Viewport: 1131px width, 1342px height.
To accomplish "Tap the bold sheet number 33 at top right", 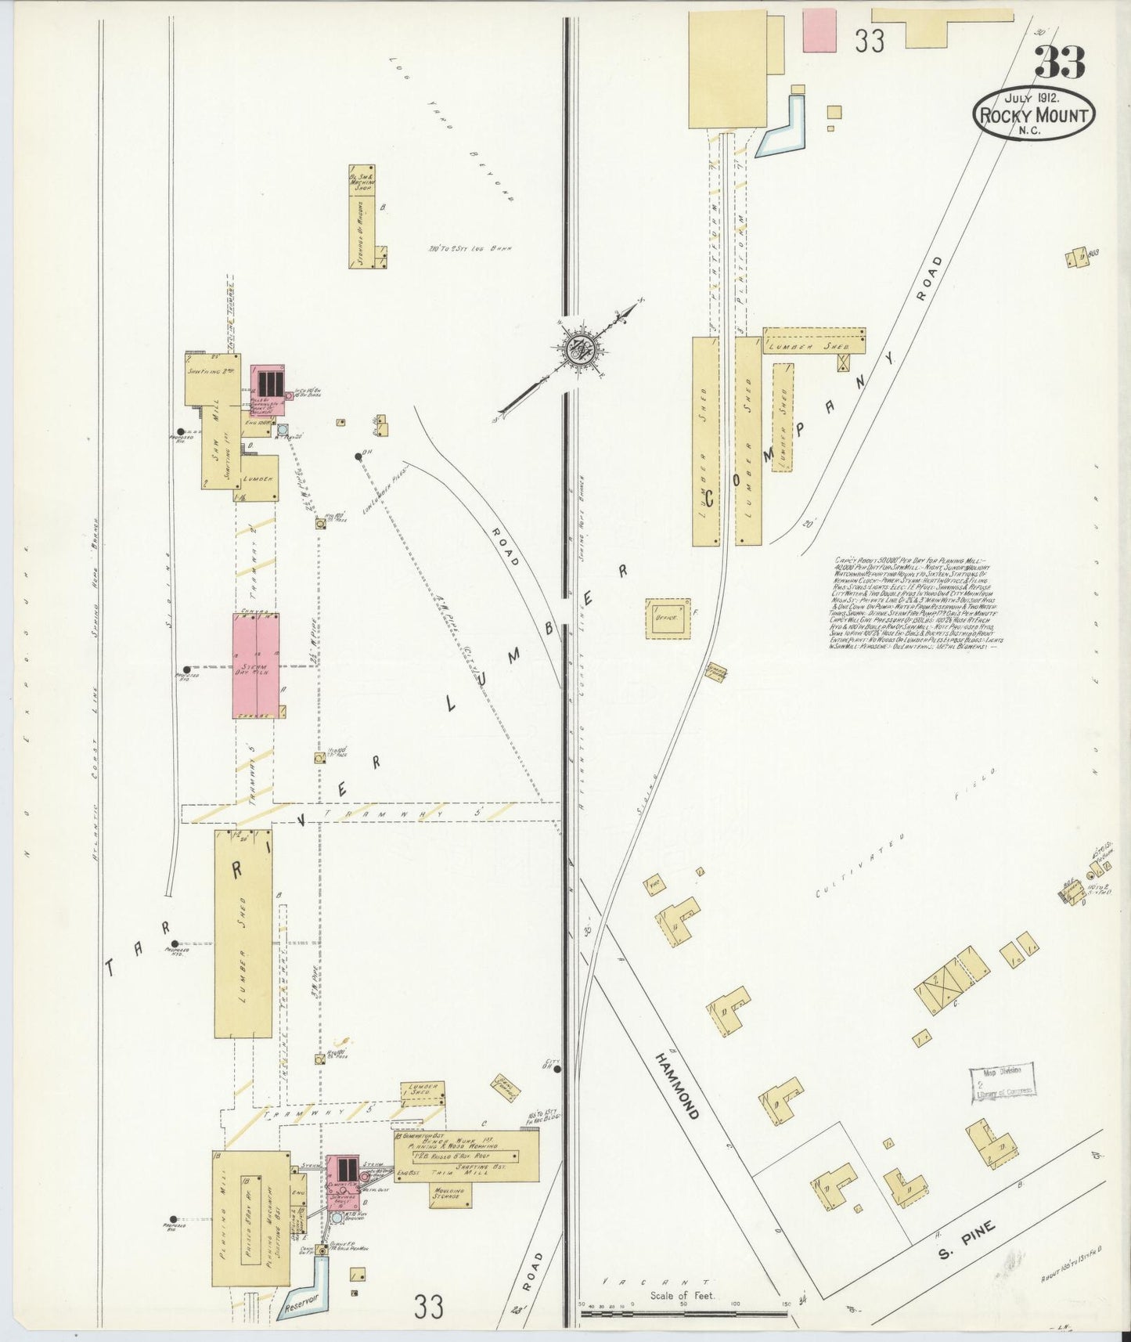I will point(1060,63).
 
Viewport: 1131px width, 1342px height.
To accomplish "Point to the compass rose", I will point(581,349).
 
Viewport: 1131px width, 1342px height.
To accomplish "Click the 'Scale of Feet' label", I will point(683,1295).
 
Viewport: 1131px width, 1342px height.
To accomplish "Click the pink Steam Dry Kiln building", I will point(255,666).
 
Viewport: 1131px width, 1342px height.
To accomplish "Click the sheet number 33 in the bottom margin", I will point(429,1306).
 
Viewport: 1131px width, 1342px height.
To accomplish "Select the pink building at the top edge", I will point(819,31).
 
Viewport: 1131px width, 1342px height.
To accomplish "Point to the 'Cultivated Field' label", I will point(900,838).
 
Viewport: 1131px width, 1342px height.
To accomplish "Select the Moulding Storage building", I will point(449,1195).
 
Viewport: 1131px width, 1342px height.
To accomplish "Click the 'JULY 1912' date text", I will point(1032,98).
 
